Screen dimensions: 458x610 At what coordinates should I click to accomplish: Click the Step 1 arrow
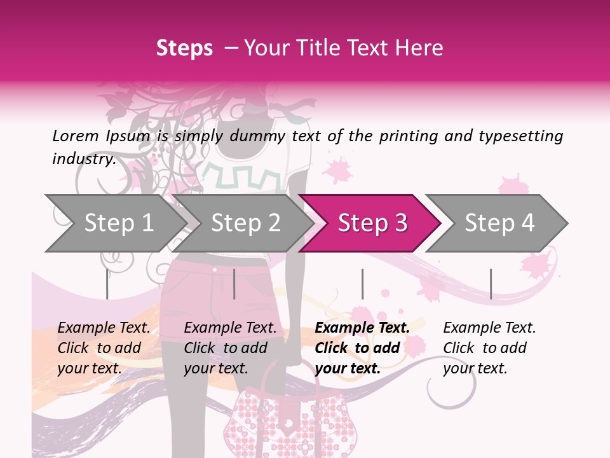[x=114, y=223]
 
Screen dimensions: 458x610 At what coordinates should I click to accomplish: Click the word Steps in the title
[x=184, y=48]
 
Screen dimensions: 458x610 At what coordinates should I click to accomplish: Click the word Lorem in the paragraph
[x=76, y=136]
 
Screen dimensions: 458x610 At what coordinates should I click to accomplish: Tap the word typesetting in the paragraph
[x=518, y=136]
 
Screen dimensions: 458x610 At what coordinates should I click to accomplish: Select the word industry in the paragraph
[x=83, y=159]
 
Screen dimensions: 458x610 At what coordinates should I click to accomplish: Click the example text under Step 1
[x=104, y=348]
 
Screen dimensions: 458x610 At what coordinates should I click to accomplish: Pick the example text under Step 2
[x=230, y=348]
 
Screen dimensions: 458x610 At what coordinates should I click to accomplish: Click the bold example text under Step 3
[x=362, y=348]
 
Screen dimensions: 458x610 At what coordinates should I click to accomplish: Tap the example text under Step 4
[x=489, y=348]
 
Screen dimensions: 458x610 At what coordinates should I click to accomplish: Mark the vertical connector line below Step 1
[x=107, y=284]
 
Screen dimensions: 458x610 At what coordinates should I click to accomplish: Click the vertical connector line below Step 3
[x=362, y=284]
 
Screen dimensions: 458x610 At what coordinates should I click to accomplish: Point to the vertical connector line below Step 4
[x=491, y=284]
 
